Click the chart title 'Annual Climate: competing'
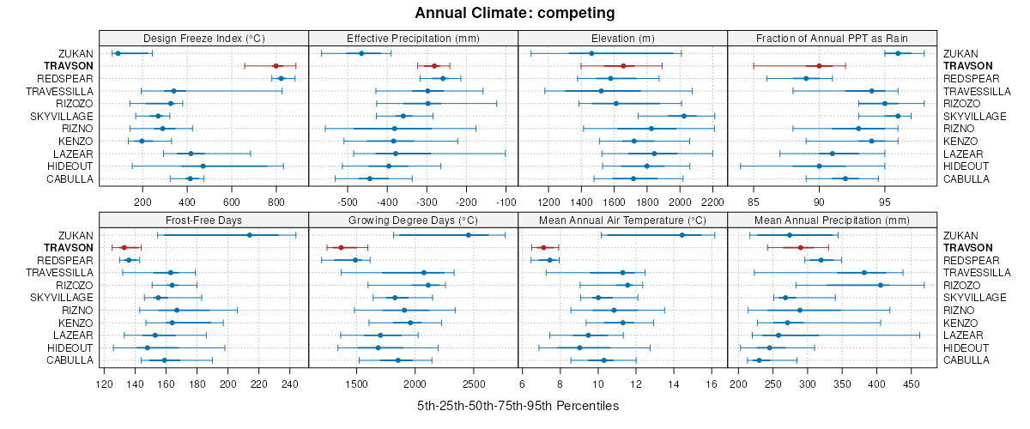pos(514,13)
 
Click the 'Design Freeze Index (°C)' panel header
pos(204,38)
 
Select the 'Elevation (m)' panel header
pos(623,38)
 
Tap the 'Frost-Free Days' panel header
pos(204,220)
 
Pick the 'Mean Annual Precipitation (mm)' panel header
pos(832,220)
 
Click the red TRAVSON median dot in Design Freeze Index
pos(276,66)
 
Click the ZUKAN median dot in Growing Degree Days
pos(468,235)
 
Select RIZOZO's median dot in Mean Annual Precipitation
pos(880,285)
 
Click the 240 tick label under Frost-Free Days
pos(289,384)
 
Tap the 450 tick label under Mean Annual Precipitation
pos(911,384)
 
